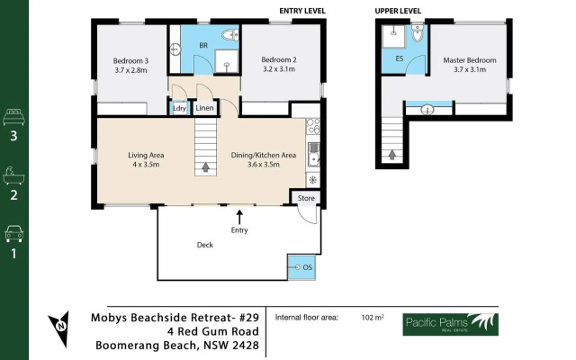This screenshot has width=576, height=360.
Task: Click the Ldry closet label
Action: tap(180, 108)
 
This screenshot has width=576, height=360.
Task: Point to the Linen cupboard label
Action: tap(204, 108)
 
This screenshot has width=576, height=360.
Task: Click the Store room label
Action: tap(306, 198)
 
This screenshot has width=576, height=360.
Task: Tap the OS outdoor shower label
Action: tap(308, 267)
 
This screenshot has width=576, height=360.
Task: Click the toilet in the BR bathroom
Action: tap(230, 35)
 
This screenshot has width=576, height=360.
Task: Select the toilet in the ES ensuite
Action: tap(418, 33)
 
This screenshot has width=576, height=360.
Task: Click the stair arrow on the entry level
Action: tap(206, 167)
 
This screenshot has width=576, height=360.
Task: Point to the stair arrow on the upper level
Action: tap(392, 155)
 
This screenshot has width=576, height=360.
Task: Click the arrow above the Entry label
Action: tap(239, 217)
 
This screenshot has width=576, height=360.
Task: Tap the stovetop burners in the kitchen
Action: tap(313, 126)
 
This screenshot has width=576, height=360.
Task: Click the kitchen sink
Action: tap(313, 154)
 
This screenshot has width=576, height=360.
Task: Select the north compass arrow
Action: tap(60, 328)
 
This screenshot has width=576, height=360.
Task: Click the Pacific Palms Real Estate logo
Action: tap(450, 324)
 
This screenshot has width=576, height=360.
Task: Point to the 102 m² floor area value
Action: tap(373, 318)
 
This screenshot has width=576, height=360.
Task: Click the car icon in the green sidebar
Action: tap(14, 234)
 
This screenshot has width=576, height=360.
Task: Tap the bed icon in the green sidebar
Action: tap(13, 117)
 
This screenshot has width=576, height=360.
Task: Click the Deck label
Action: tap(205, 245)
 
